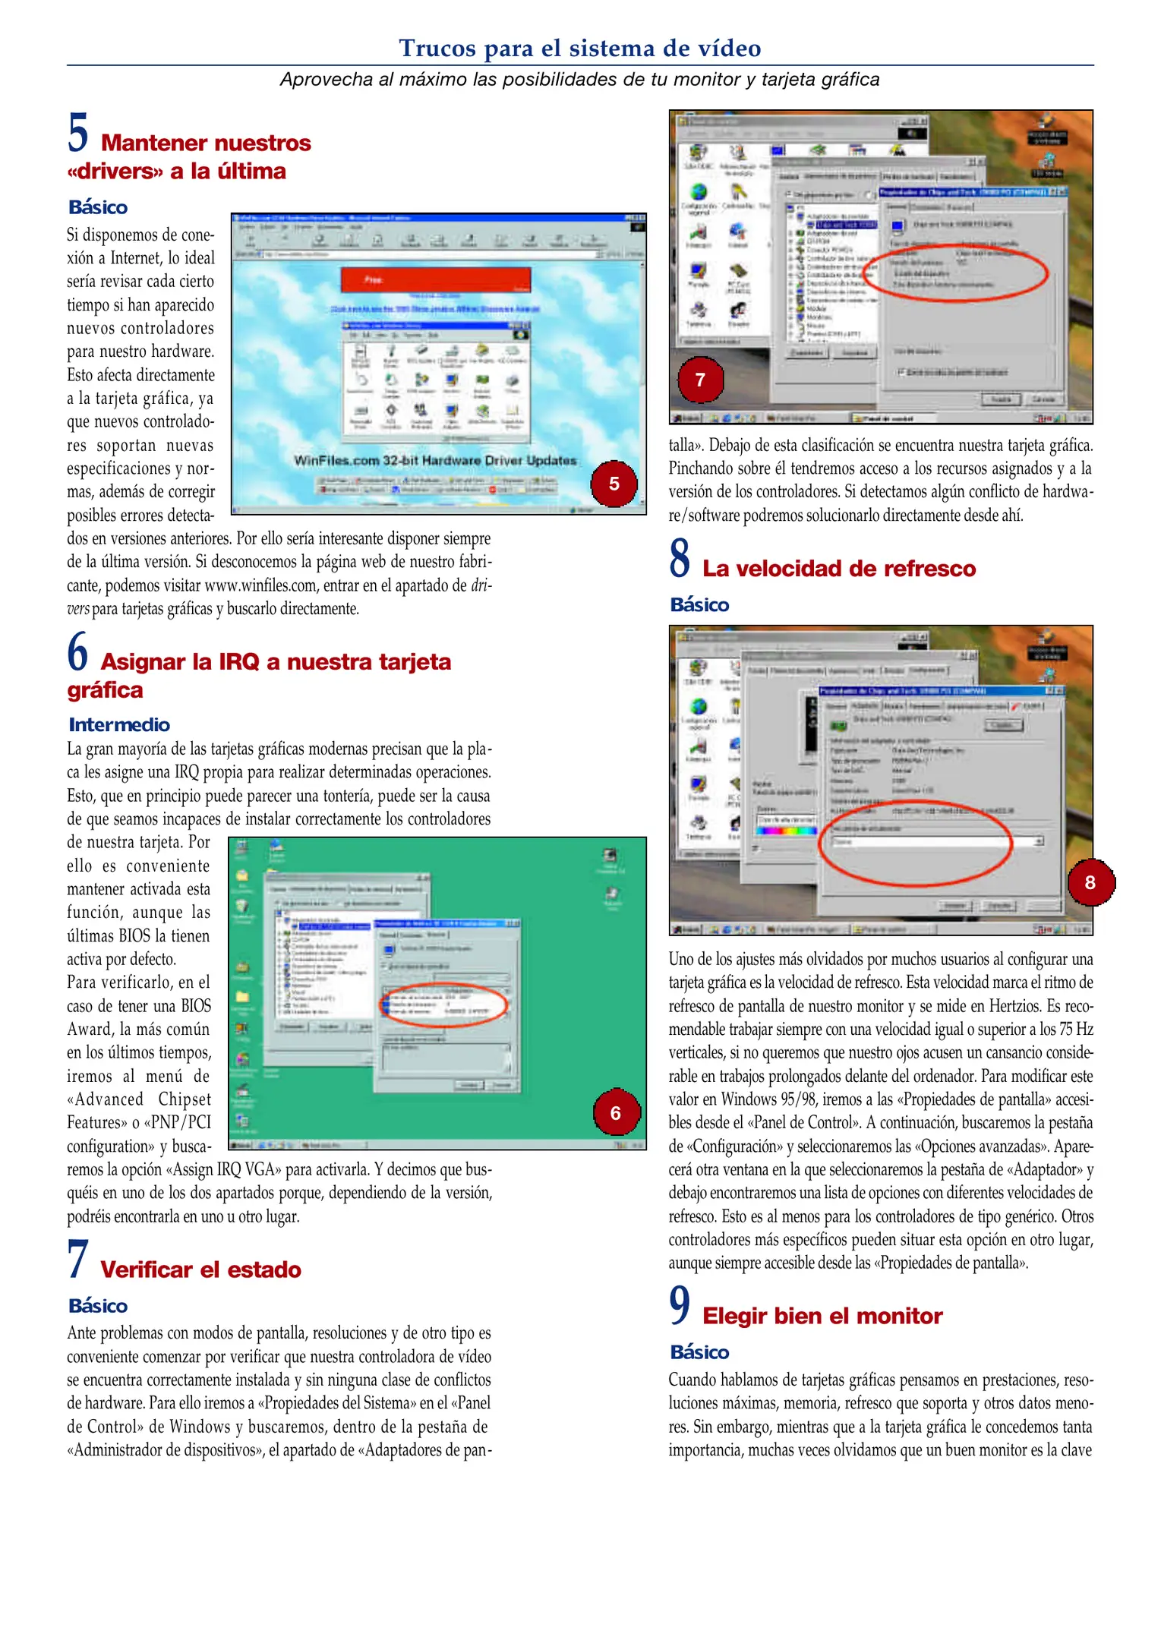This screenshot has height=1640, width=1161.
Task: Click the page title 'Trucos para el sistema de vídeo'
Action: pos(579,48)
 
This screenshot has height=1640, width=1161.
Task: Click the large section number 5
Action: pos(77,133)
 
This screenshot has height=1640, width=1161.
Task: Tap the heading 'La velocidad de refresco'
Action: pos(838,569)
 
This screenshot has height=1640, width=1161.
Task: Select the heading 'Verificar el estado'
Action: pos(200,1269)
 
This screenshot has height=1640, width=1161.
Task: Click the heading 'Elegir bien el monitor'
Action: pos(822,1316)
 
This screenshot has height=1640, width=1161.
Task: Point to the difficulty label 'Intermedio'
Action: pos(119,724)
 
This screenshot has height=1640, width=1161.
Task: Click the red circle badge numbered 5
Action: pos(614,484)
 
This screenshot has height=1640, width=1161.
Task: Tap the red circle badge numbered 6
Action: pos(615,1113)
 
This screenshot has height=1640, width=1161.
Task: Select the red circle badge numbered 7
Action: pos(700,380)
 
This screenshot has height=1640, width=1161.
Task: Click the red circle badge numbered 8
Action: pos(1090,882)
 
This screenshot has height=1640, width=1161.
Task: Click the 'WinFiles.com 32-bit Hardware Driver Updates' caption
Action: pos(435,460)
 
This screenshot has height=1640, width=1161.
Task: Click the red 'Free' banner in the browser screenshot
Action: pos(435,280)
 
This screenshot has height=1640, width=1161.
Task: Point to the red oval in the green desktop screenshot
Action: pos(443,1004)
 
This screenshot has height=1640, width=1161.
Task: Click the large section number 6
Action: pos(77,652)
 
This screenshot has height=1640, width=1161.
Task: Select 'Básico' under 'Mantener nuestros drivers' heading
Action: pos(98,207)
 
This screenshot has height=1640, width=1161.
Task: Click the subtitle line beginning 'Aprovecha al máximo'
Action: pos(579,80)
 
